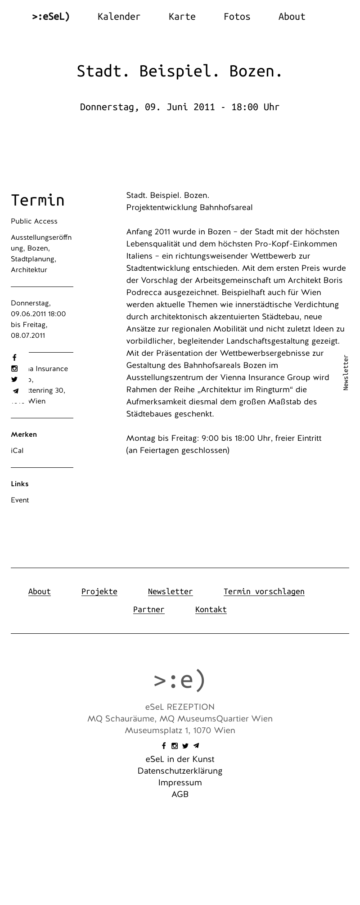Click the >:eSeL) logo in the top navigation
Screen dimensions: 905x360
(51, 17)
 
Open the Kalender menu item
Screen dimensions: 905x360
(119, 17)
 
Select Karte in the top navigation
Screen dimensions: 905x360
(182, 17)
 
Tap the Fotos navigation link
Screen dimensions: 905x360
(237, 17)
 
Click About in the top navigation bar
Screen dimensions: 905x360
(292, 17)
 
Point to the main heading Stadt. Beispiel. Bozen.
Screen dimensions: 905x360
(180, 71)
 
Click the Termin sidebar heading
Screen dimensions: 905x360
(38, 200)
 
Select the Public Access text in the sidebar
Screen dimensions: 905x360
(34, 221)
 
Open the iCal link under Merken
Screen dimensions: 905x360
(17, 451)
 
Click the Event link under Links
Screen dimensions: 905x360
(20, 500)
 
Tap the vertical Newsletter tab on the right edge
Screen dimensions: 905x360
(346, 372)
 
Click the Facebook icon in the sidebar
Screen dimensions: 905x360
(14, 358)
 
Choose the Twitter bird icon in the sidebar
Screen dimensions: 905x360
(14, 380)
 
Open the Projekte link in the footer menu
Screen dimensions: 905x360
(99, 591)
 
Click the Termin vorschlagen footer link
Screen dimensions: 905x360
(264, 591)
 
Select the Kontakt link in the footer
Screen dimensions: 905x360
(211, 609)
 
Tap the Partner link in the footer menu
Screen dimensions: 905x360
(148, 609)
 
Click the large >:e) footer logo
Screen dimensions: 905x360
(180, 680)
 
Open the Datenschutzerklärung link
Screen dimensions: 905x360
(180, 771)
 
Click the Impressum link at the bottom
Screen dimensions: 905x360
(180, 783)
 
